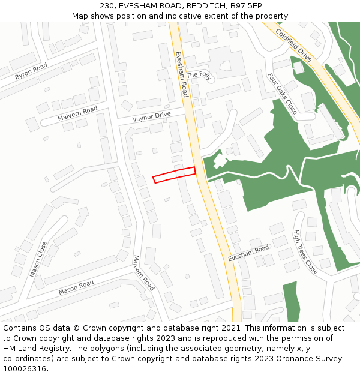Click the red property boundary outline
click(174, 175)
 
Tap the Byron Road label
click(31, 71)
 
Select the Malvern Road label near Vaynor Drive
click(77, 113)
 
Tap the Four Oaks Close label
click(282, 94)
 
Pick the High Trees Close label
click(305, 251)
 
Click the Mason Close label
click(38, 259)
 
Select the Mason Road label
click(76, 287)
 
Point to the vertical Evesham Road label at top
click(181, 74)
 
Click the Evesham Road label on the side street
click(248, 253)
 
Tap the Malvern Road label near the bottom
click(143, 273)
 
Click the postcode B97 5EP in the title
click(246, 5)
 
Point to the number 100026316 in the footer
click(25, 368)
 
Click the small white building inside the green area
click(220, 161)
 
